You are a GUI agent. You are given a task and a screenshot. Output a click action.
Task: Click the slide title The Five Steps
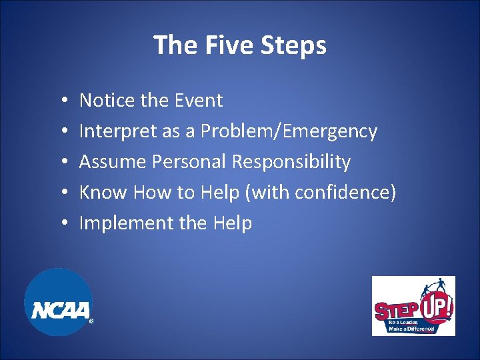(240, 45)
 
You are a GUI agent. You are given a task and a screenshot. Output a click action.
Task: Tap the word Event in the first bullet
(198, 101)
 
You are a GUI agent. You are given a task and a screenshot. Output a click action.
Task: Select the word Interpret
(117, 131)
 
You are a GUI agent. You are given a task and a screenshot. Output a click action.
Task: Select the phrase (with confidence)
(321, 193)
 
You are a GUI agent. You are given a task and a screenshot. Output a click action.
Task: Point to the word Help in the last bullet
(232, 223)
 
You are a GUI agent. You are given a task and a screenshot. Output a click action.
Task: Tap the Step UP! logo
(413, 305)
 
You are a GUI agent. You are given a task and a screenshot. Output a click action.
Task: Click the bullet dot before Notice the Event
(61, 101)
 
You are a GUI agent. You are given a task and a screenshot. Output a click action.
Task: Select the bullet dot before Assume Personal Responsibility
(61, 163)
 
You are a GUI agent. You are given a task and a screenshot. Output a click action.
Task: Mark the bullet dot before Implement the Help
(61, 224)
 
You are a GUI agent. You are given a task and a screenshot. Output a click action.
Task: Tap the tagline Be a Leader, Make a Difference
(411, 325)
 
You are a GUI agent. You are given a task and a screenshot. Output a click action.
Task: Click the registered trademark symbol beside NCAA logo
(91, 321)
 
